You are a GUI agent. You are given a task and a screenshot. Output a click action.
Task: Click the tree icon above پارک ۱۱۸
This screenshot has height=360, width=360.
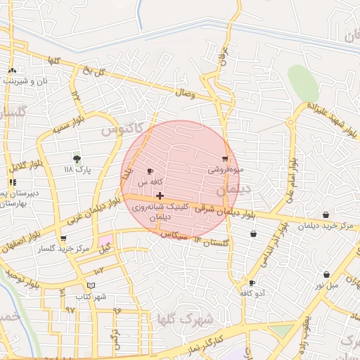tap(77, 159)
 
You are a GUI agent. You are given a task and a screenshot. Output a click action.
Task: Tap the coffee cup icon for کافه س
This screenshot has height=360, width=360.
tap(150, 172)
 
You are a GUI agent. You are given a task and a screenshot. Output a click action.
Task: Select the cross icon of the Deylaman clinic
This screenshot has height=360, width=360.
tap(160, 195)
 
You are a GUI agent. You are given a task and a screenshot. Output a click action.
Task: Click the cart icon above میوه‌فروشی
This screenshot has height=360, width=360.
tap(225, 159)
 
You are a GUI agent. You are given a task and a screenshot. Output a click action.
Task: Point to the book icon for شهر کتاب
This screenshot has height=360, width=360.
tap(91, 285)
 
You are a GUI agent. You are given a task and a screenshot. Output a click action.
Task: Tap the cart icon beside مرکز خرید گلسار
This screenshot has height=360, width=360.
tap(63, 238)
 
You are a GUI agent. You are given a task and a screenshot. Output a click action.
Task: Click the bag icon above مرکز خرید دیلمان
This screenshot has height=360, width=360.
tap(326, 215)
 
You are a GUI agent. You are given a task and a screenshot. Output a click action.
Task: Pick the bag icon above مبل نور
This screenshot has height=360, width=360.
tap(326, 274)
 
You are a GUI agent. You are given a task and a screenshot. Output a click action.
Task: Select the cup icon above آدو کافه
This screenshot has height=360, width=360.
tap(252, 283)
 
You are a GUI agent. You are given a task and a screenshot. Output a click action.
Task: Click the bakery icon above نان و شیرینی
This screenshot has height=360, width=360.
tap(12, 70)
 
